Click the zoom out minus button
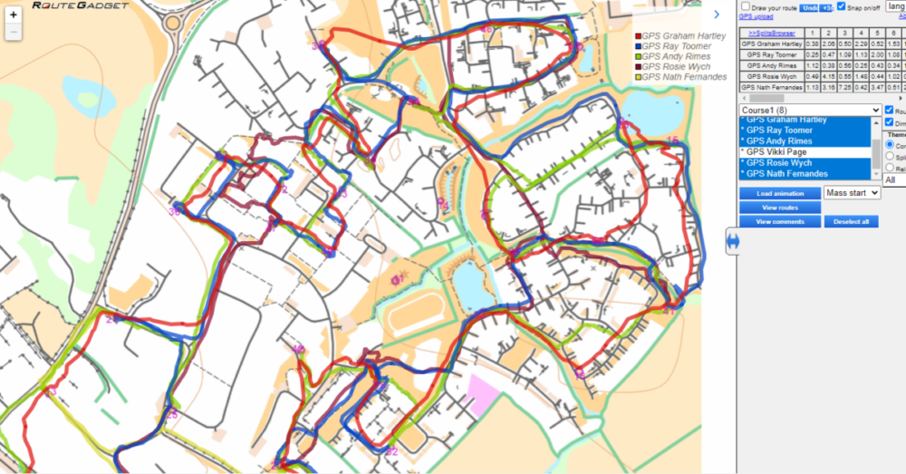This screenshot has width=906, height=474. pos(14,33)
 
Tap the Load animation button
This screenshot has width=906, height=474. pos(780,193)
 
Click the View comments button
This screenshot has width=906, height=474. pos(780,222)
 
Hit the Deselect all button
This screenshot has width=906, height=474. pos(851,222)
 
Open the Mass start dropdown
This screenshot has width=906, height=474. pos(852,193)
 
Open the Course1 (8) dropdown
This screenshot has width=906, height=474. pos(810,110)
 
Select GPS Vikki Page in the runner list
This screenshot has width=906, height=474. pos(775,152)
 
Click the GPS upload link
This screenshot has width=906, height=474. pos(756,16)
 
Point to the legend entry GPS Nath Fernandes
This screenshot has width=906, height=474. pos(683,77)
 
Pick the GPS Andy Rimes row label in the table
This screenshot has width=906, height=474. pos(772,65)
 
